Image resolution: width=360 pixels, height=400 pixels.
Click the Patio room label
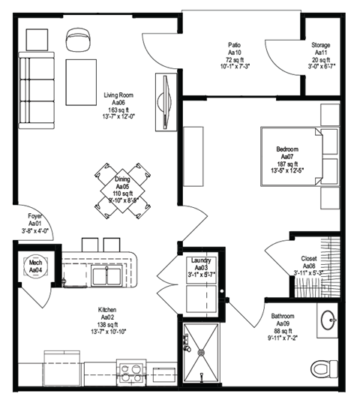tap(234, 44)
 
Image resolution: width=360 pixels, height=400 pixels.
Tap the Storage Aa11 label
tap(321, 44)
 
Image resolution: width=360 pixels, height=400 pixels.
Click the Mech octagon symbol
tap(34, 266)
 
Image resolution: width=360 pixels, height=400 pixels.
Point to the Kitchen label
tap(106, 309)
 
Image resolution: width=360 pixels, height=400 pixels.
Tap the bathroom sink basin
tap(330, 320)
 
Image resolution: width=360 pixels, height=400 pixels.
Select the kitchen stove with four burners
tap(130, 371)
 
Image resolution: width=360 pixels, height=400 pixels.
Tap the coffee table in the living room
tap(81, 82)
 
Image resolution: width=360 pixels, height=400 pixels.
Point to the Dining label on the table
tap(122, 181)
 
